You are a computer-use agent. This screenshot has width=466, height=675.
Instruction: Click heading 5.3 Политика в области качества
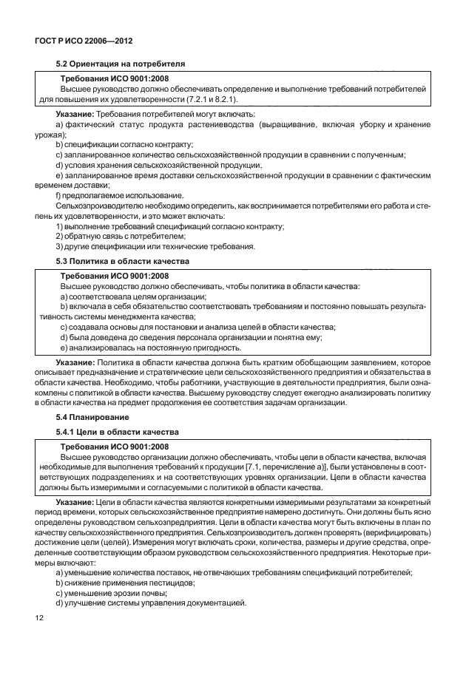coord(122,261)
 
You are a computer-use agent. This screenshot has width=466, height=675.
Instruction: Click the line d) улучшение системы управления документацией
coord(150,604)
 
